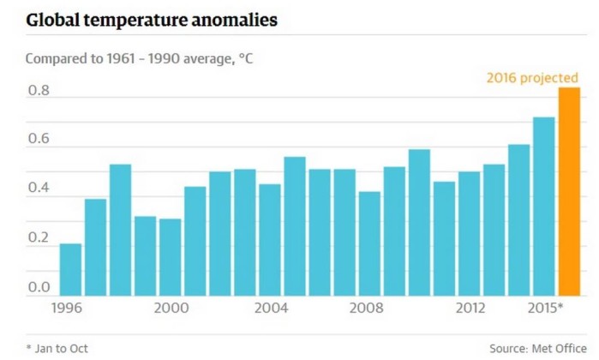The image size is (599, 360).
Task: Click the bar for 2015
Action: point(544,206)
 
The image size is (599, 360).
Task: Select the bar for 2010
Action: point(419,222)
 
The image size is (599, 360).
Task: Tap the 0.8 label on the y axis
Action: point(39,90)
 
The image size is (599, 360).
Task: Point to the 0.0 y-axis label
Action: point(39,289)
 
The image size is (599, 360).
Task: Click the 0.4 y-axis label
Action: point(39,188)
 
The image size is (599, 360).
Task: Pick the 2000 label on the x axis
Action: point(171,307)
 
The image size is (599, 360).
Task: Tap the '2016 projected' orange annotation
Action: point(532,78)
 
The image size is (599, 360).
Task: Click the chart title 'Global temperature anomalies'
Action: point(152,19)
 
